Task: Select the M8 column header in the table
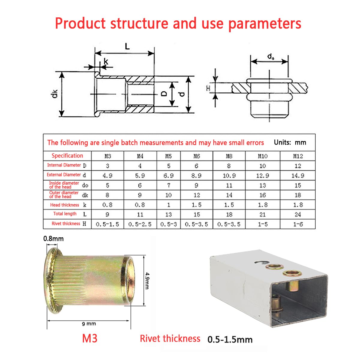[x=229, y=156]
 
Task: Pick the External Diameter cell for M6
[x=196, y=175]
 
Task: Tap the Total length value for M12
[x=298, y=214]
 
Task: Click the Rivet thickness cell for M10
[x=262, y=224]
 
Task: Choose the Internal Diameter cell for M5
[x=169, y=166]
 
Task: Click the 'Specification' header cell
[x=67, y=156]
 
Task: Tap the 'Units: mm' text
[x=290, y=142]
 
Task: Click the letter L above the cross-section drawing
[x=127, y=46]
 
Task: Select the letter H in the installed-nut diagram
[x=208, y=88]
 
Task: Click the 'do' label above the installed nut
[x=271, y=56]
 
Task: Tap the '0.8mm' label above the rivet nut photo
[x=53, y=239]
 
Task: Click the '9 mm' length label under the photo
[x=89, y=324]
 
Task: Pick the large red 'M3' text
[x=90, y=338]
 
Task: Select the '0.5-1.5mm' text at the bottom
[x=230, y=340]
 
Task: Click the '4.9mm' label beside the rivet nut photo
[x=147, y=280]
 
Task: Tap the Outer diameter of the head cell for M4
[x=140, y=195]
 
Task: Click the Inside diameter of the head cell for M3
[x=107, y=185]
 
